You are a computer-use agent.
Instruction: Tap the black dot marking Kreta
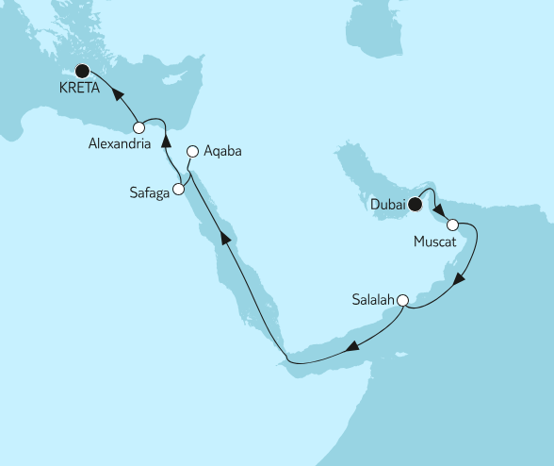(x=82, y=70)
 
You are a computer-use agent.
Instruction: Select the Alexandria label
(x=120, y=145)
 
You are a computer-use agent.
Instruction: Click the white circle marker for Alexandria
(x=138, y=127)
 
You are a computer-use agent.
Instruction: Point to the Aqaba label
(x=222, y=151)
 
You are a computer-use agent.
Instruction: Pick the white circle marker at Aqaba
(x=193, y=150)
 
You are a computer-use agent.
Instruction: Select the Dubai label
(x=387, y=202)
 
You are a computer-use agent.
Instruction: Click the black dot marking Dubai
(x=415, y=201)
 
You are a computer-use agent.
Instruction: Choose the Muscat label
(x=435, y=242)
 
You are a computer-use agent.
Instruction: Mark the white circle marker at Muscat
(x=452, y=225)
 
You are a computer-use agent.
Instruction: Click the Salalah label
(x=373, y=301)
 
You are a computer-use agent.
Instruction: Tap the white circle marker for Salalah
(x=402, y=301)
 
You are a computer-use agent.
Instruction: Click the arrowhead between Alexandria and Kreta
(x=120, y=92)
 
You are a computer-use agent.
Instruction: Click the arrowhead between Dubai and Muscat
(x=437, y=208)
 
